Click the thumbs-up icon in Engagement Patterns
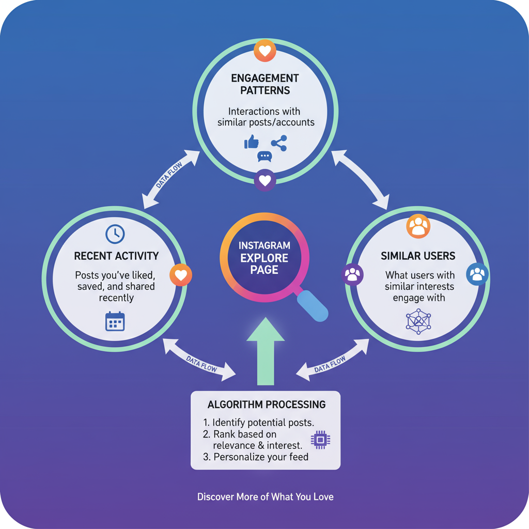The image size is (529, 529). point(252,142)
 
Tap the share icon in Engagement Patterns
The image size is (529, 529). point(279,143)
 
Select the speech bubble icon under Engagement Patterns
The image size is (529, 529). point(264,157)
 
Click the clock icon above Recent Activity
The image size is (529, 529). point(115,234)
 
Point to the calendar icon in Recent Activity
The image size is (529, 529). point(115,321)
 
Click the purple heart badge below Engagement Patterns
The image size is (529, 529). point(265,181)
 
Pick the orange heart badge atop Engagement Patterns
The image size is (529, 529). point(265,51)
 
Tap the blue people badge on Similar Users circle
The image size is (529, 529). point(477,274)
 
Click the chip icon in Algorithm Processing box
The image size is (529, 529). point(320,440)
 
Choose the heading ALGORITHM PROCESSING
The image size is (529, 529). point(266,404)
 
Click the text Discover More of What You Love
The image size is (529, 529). point(266,497)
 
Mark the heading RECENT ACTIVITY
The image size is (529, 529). point(116,256)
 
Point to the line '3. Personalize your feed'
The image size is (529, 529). point(261,457)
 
